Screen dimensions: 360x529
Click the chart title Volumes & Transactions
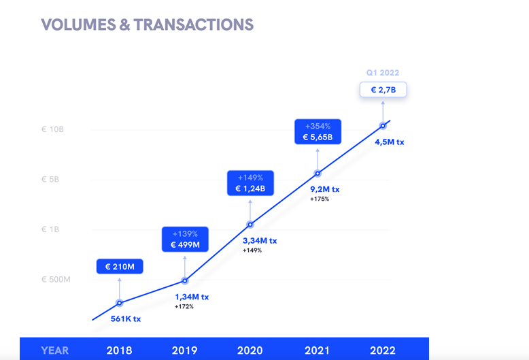tap(147, 25)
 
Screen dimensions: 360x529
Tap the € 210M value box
tap(120, 267)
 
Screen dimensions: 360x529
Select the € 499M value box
tap(185, 239)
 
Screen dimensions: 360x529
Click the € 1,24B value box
tap(251, 183)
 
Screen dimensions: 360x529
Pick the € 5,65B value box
tap(318, 131)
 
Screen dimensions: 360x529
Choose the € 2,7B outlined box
tap(383, 89)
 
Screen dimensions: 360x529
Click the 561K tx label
tap(126, 318)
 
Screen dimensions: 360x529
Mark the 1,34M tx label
tap(192, 297)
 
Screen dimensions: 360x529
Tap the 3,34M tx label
tap(260, 240)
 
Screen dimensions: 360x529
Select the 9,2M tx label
tap(325, 189)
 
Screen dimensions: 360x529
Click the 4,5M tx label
tap(390, 142)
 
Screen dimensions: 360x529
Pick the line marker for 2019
tap(185, 280)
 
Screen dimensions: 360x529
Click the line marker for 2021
tap(317, 174)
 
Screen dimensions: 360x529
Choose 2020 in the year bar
tap(250, 350)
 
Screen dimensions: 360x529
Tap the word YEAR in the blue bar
tap(54, 350)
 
